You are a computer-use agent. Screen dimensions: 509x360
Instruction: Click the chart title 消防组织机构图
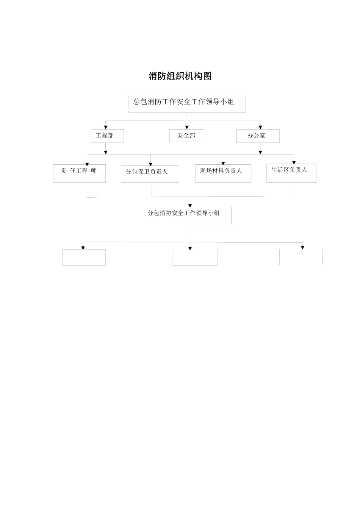click(x=180, y=76)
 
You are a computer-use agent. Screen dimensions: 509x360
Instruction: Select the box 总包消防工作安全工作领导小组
click(x=187, y=103)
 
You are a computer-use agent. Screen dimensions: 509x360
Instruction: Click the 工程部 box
click(x=107, y=136)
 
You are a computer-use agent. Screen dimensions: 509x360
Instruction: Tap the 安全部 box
click(x=186, y=136)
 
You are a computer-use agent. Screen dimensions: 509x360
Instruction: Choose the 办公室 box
click(x=258, y=136)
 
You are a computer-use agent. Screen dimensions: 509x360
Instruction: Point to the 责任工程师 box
click(x=79, y=173)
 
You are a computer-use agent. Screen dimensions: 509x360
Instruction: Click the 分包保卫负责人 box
click(x=150, y=174)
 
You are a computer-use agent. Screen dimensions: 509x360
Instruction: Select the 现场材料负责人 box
click(x=223, y=173)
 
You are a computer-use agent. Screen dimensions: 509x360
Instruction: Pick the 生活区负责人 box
click(x=291, y=173)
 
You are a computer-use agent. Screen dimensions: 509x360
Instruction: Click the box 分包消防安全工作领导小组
click(x=187, y=215)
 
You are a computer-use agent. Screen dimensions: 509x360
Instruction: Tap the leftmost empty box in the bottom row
click(x=84, y=257)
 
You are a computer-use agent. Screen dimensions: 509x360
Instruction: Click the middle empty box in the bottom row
click(x=195, y=257)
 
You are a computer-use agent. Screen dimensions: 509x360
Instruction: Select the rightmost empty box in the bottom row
click(x=301, y=257)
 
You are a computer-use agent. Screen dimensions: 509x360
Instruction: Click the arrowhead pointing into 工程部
click(x=106, y=127)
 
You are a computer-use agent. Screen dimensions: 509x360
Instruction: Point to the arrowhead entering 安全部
click(x=187, y=127)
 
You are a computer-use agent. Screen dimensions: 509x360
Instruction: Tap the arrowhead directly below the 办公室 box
click(x=260, y=152)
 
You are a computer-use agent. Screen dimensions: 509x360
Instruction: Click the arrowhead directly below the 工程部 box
click(x=106, y=152)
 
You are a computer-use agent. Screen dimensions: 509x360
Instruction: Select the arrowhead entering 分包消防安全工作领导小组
click(x=190, y=205)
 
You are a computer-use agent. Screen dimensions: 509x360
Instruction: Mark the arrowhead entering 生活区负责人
click(x=294, y=162)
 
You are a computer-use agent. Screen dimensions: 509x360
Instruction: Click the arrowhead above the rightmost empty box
click(x=302, y=247)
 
